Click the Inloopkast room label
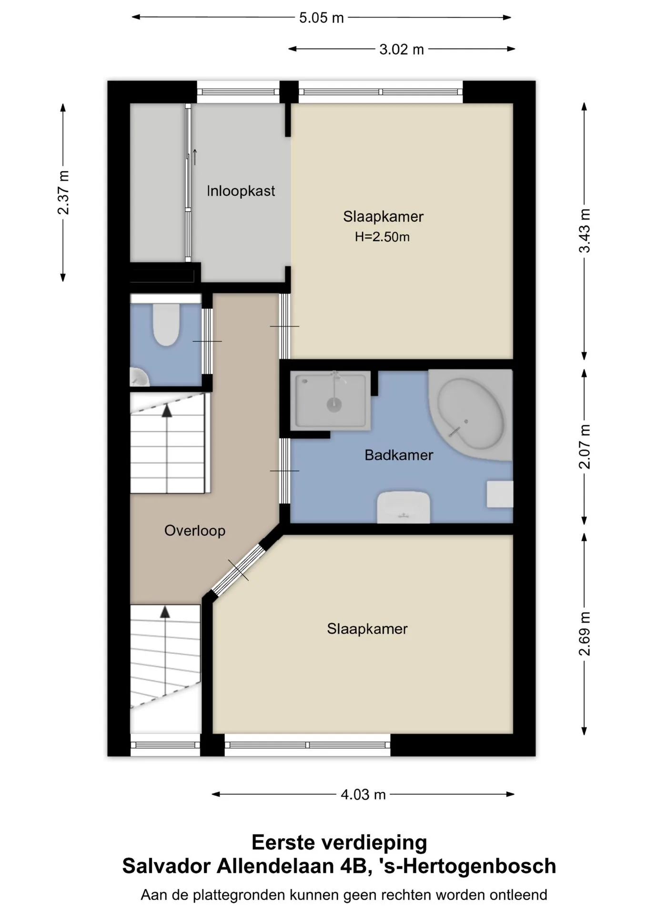241,191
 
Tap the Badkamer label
399,455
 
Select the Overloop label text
194,530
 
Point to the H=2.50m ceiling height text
382,237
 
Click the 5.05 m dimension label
321,18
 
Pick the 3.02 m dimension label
401,50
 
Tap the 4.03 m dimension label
363,794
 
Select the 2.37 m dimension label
63,193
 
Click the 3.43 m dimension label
585,231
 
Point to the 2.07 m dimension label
585,447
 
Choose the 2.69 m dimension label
585,633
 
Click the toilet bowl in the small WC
166,324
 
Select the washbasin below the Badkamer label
404,507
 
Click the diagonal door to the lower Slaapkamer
238,570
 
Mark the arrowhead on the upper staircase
167,410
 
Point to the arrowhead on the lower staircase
165,612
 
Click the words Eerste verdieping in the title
339,843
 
